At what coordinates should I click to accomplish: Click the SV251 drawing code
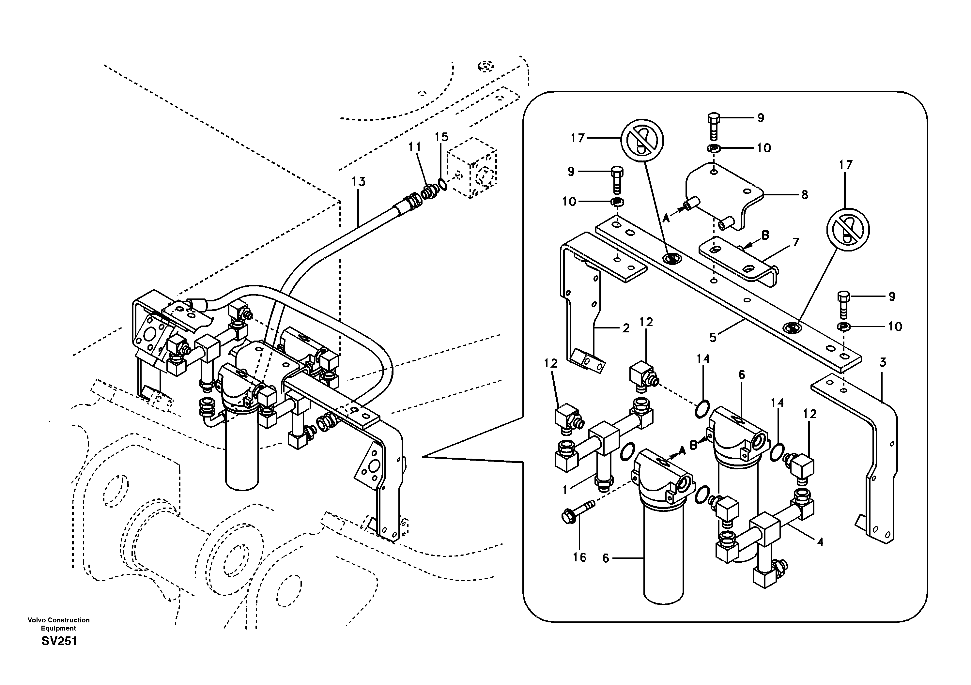click(x=59, y=641)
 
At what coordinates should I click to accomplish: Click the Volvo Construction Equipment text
click(x=59, y=624)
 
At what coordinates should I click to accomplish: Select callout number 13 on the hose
click(x=358, y=182)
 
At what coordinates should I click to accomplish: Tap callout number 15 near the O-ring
click(x=441, y=137)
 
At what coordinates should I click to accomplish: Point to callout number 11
click(x=414, y=147)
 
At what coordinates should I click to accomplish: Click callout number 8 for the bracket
click(x=804, y=195)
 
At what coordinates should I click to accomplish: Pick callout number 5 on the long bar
click(x=713, y=337)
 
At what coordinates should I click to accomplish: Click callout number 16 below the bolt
click(x=579, y=557)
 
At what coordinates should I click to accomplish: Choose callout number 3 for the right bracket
click(x=883, y=362)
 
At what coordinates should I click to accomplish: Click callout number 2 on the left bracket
click(x=626, y=328)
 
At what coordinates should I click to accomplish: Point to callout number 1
click(x=565, y=490)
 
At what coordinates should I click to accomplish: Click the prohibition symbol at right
click(x=848, y=230)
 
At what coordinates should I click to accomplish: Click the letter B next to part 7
click(x=765, y=235)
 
